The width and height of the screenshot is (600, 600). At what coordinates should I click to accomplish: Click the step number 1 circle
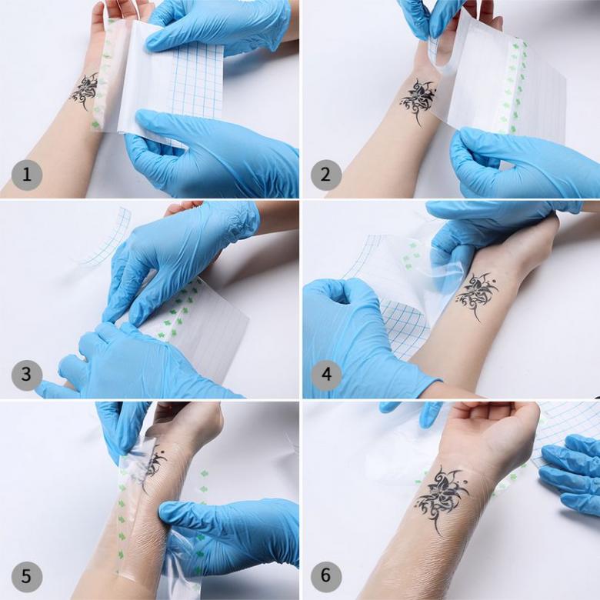(x=26, y=175)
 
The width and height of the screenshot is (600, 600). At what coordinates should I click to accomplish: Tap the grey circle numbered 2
(x=325, y=175)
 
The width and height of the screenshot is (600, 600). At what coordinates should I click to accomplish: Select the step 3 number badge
(x=26, y=374)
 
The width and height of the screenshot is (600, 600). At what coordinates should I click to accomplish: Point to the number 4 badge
(x=325, y=374)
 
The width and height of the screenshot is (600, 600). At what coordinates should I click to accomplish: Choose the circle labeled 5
(x=26, y=576)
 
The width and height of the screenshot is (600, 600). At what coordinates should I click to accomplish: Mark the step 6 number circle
(x=325, y=575)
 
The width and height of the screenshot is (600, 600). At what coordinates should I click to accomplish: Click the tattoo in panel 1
(x=84, y=92)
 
